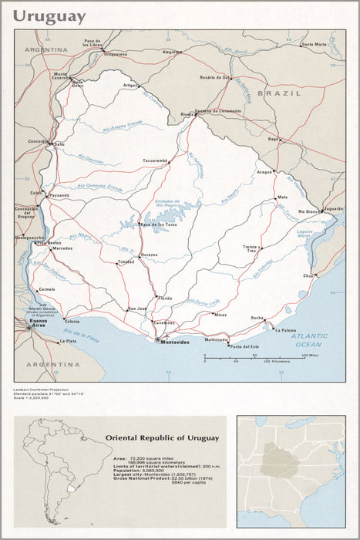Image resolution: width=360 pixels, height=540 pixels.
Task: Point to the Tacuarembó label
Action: [155, 160]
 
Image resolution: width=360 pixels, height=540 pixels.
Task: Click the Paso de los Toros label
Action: [160, 224]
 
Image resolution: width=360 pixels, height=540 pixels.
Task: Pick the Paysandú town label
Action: [59, 196]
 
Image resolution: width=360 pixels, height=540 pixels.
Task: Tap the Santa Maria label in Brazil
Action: [315, 44]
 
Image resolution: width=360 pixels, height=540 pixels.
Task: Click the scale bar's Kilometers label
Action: [274, 361]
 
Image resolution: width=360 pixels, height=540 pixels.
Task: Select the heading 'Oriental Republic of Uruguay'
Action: [162, 437]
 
